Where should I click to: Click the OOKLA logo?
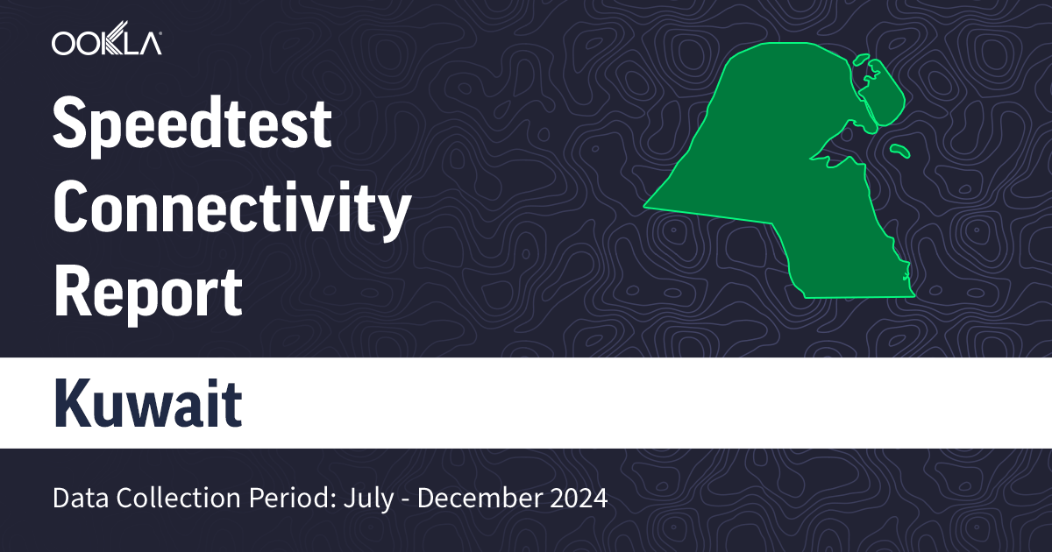coord(106,41)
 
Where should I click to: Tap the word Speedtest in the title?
coord(192,124)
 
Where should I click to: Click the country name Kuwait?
coord(147,404)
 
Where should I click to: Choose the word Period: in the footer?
coord(278,499)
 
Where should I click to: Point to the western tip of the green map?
coord(647,207)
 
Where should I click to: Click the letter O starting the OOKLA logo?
coord(64,41)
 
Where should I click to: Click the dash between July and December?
coord(406,499)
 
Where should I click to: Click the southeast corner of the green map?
coord(913,295)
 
